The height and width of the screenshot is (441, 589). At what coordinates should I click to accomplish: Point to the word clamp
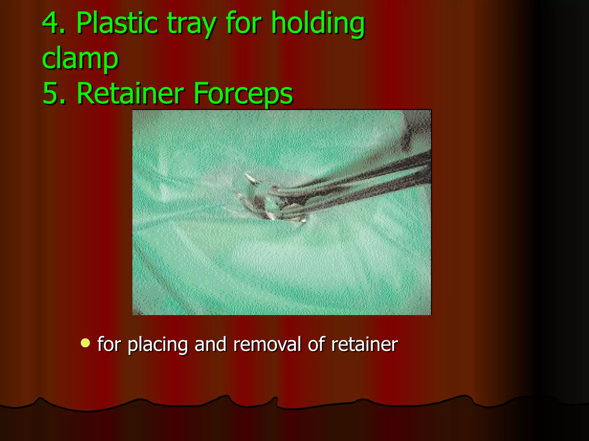pyautogui.click(x=80, y=59)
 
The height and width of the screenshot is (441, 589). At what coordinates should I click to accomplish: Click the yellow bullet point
pyautogui.click(x=85, y=343)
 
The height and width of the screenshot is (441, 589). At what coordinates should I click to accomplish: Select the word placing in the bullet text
pyautogui.click(x=158, y=345)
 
